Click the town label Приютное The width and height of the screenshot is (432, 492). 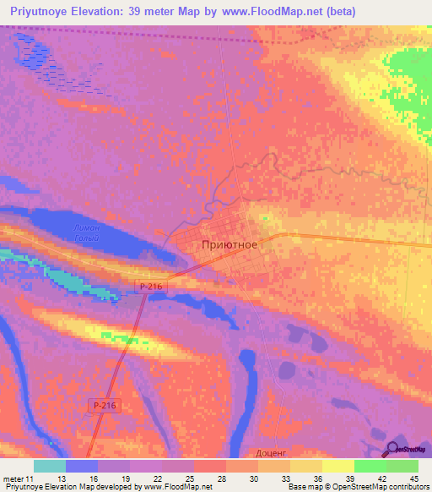(230, 243)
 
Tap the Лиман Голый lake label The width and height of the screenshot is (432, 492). (86, 232)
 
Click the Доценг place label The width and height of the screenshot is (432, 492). (272, 453)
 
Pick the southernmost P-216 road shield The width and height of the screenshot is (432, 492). (104, 407)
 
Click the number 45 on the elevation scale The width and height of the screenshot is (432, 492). (414, 478)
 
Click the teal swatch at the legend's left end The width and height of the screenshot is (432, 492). (50, 466)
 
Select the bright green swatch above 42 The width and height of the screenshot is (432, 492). (370, 466)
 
